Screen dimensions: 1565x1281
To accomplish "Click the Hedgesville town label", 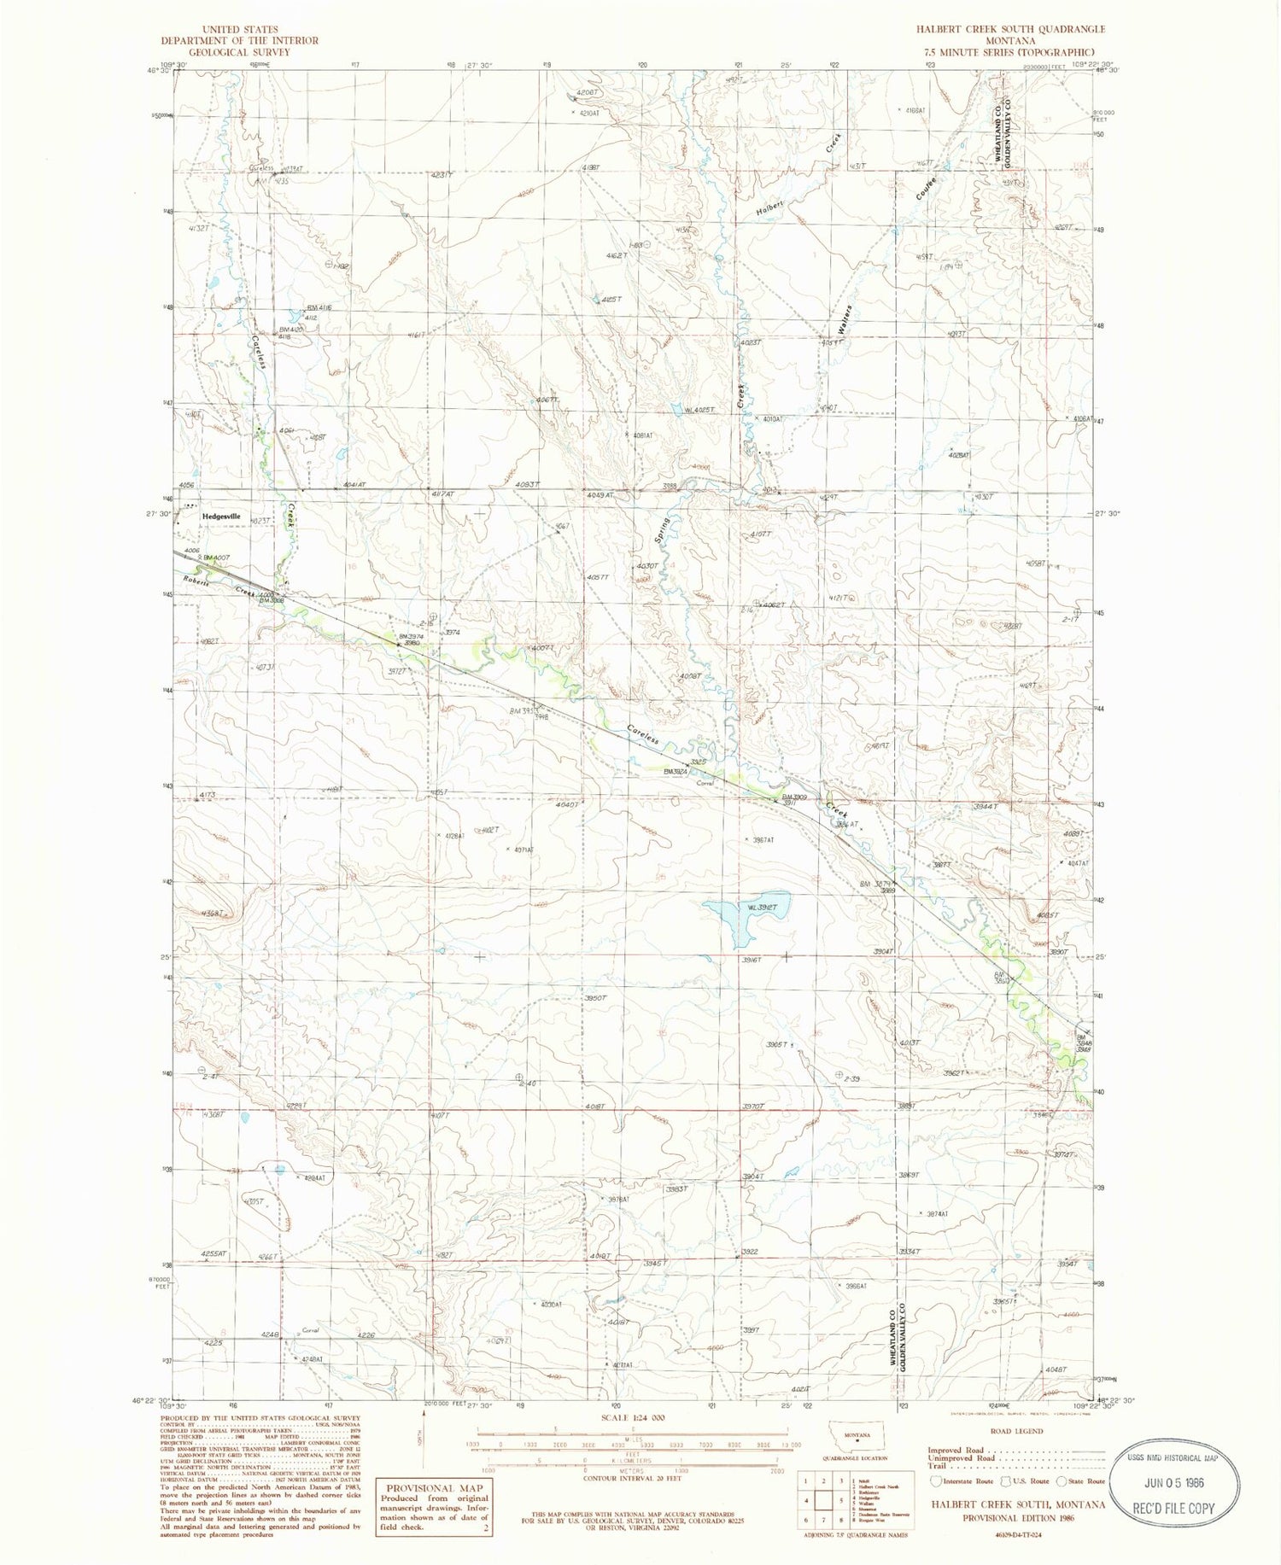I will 221,517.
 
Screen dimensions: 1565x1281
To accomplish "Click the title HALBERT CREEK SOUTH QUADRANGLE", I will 1011,29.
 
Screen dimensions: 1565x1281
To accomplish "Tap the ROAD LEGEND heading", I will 1015,1431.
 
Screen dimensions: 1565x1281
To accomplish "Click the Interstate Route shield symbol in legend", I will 937,1481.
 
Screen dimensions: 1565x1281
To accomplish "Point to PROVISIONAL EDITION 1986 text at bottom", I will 1018,1518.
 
